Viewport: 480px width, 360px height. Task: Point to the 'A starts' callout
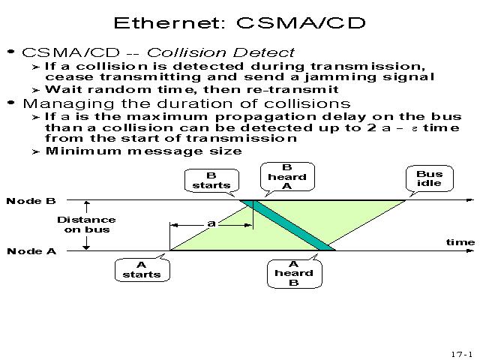(142, 269)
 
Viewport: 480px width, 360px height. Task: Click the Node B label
(31, 201)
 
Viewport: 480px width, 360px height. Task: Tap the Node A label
(31, 251)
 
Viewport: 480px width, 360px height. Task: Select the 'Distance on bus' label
(87, 224)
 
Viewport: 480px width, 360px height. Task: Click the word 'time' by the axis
(460, 241)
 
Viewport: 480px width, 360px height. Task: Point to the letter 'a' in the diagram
(211, 223)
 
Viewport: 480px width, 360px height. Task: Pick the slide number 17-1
(461, 353)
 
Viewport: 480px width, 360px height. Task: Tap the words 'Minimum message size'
(143, 151)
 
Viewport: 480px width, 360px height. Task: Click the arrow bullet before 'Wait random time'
(36, 89)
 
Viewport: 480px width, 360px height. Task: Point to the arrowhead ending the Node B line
(470, 200)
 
